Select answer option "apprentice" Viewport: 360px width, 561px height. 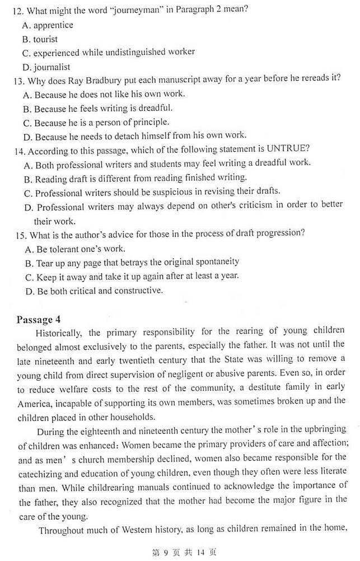53,25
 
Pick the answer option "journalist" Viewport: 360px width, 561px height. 52,67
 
